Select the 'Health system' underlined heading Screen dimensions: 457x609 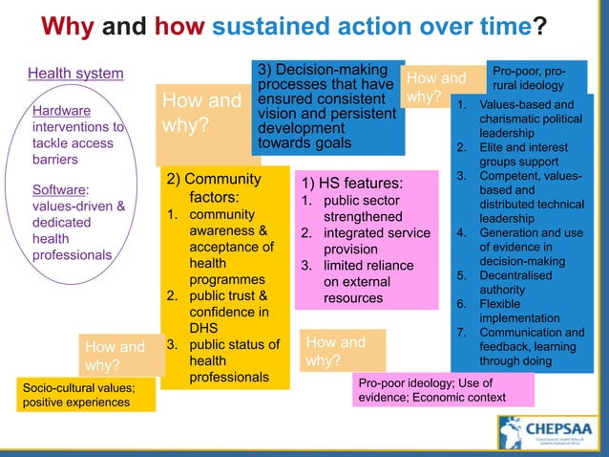(75, 74)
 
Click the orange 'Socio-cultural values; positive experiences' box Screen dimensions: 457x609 (87, 395)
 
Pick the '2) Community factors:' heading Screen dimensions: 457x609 (214, 187)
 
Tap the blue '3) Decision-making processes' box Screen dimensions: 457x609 (325, 107)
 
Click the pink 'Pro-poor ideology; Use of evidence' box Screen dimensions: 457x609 (444, 390)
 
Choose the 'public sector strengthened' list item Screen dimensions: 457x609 (365, 209)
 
